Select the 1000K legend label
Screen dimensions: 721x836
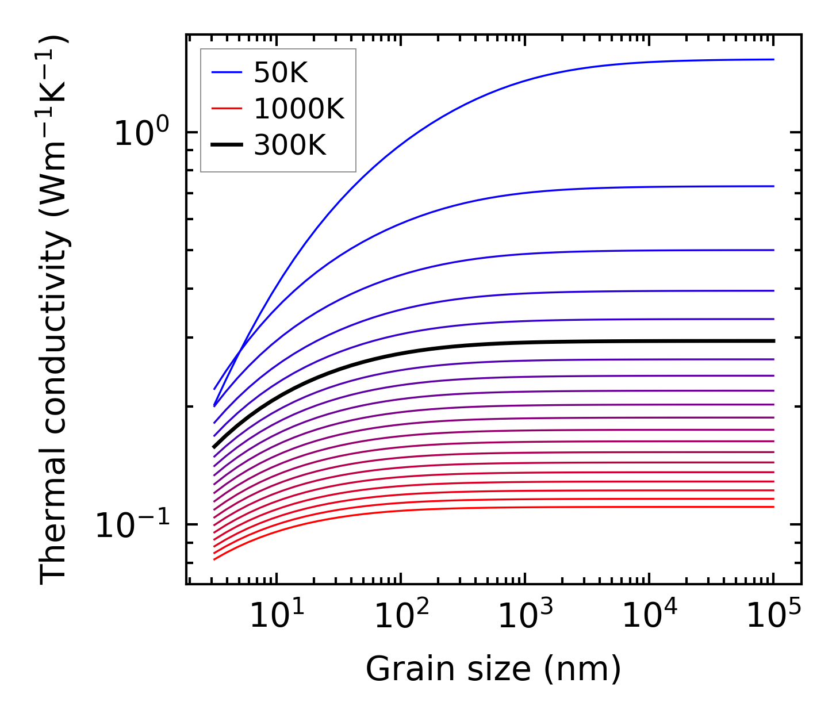click(298, 109)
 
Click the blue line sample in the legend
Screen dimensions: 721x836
click(227, 72)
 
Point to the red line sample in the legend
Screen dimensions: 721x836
click(227, 109)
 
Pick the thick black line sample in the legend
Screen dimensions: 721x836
click(227, 145)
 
